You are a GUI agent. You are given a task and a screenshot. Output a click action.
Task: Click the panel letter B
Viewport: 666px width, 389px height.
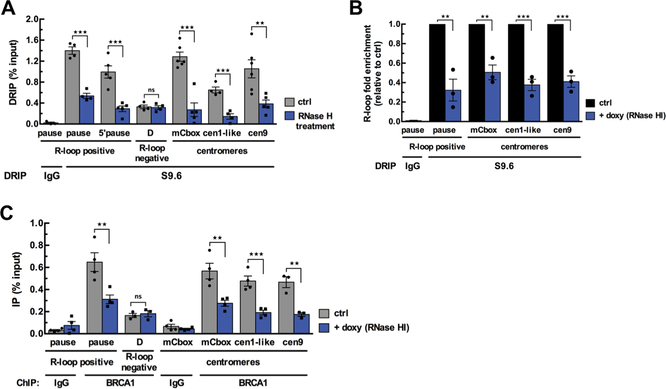pyautogui.click(x=356, y=8)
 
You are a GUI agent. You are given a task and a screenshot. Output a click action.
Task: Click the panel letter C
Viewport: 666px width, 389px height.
pyautogui.click(x=8, y=214)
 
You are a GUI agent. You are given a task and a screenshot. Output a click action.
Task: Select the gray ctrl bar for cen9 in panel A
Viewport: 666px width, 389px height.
pyautogui.click(x=251, y=96)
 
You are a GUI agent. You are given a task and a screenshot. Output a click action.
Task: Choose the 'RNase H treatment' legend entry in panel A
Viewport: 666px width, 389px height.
pyautogui.click(x=315, y=121)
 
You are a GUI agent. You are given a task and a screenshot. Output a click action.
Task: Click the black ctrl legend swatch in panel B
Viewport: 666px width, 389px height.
pyautogui.click(x=590, y=103)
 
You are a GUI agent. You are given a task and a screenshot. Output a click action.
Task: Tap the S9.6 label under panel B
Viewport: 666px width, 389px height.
pyautogui.click(x=504, y=166)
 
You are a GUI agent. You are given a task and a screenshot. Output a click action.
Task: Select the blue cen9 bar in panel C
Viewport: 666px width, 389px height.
pyautogui.click(x=301, y=324)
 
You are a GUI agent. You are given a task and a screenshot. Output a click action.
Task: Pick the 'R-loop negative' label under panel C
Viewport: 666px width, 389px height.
pyautogui.click(x=139, y=362)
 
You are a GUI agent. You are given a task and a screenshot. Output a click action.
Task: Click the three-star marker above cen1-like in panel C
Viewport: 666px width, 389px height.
pyautogui.click(x=256, y=254)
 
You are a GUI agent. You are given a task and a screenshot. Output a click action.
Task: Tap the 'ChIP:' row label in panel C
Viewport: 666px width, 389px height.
pyautogui.click(x=28, y=383)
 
